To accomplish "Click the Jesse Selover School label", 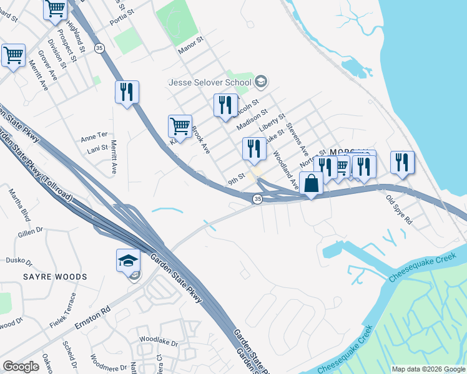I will point(210,82).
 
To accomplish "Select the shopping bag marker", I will point(312,184).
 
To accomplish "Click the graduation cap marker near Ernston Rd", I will point(128,261).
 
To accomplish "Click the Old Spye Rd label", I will point(400,210).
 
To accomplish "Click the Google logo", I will point(21,367).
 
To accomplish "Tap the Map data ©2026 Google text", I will point(428,369).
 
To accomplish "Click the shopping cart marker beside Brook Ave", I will point(180,125).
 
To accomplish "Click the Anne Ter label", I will point(94,135).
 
